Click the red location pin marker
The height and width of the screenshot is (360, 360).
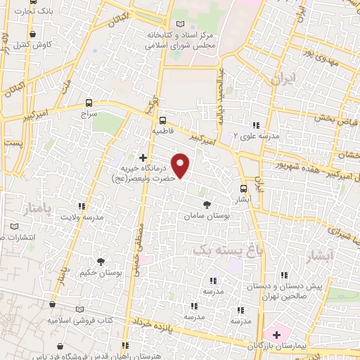tap(181, 165)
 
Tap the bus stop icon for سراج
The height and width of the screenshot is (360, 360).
tap(88, 101)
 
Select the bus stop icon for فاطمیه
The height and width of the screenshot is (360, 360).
tap(162, 120)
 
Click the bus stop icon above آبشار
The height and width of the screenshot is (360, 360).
tap(243, 188)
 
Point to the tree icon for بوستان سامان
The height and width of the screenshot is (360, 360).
tap(206, 204)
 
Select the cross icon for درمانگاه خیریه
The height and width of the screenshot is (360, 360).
tap(143, 157)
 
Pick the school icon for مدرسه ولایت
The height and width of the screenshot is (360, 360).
tap(82, 206)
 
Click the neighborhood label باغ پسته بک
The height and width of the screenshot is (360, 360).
tap(221, 249)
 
